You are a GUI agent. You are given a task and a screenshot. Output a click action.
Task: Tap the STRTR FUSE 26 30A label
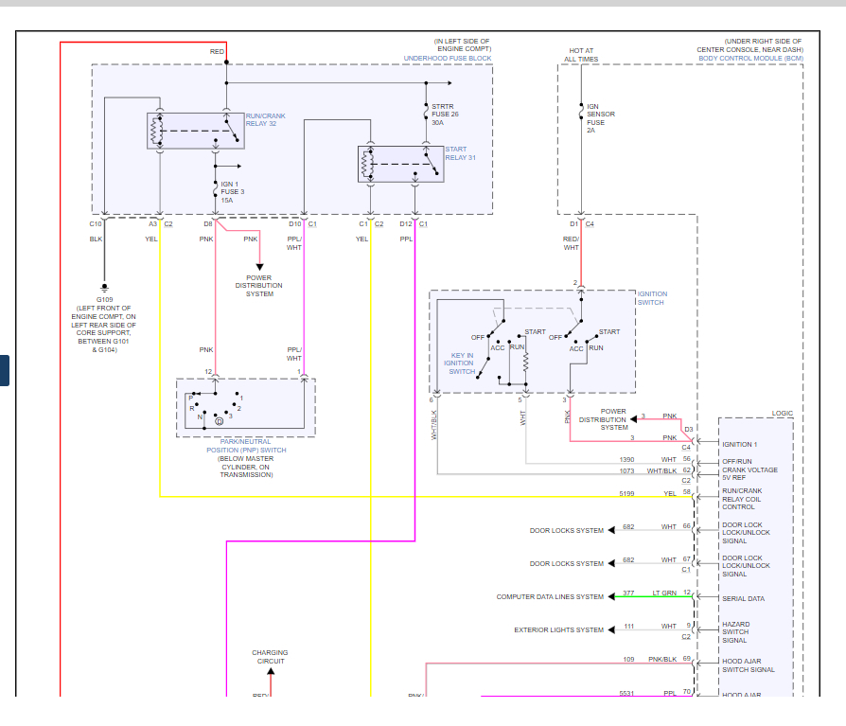444,115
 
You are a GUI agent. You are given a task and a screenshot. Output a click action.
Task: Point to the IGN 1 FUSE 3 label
233,191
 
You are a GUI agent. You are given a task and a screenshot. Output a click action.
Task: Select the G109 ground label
104,299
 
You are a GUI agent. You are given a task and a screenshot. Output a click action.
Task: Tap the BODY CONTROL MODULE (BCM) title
750,59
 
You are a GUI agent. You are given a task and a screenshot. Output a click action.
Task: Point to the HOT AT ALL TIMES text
581,55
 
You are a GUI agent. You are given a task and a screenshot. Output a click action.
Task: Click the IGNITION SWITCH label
652,298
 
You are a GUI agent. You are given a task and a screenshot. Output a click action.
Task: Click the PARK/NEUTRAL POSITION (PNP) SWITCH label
246,446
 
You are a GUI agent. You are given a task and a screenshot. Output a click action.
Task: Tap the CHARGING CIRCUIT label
269,657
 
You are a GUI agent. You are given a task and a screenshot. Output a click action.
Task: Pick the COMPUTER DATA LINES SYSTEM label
550,597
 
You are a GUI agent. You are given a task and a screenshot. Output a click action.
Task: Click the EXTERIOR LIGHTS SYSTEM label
558,630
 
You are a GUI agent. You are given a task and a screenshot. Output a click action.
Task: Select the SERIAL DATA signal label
744,599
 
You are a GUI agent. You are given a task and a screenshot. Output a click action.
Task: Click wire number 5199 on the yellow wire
627,492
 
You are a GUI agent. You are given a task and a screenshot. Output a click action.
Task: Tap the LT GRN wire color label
663,593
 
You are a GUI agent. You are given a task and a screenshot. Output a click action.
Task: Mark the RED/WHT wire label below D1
571,243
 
